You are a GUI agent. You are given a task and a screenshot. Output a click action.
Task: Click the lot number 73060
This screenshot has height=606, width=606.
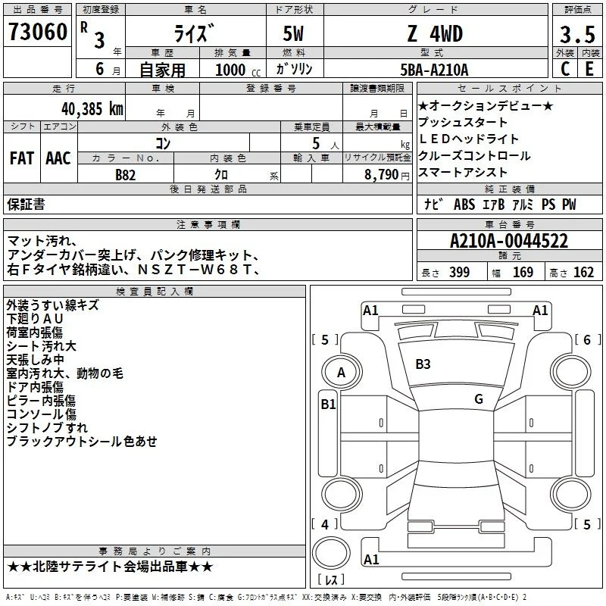(37, 32)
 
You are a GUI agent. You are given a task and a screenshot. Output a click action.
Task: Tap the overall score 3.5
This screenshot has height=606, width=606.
(577, 34)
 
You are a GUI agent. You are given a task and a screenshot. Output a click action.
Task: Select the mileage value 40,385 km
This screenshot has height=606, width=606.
(92, 109)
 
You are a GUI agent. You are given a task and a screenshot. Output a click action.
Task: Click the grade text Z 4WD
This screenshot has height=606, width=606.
(435, 33)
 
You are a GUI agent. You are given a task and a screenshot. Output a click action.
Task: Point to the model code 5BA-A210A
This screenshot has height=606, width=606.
(434, 70)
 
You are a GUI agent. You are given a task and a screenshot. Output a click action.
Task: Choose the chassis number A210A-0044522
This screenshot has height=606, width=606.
(509, 241)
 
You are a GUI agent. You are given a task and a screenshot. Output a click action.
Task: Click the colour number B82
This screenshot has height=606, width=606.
(126, 175)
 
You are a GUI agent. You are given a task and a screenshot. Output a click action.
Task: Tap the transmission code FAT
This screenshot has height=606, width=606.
(22, 158)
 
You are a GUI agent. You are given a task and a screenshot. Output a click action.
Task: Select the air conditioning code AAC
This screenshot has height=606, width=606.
(58, 158)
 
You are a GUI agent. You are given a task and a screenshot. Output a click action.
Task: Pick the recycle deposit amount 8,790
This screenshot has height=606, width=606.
(382, 175)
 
